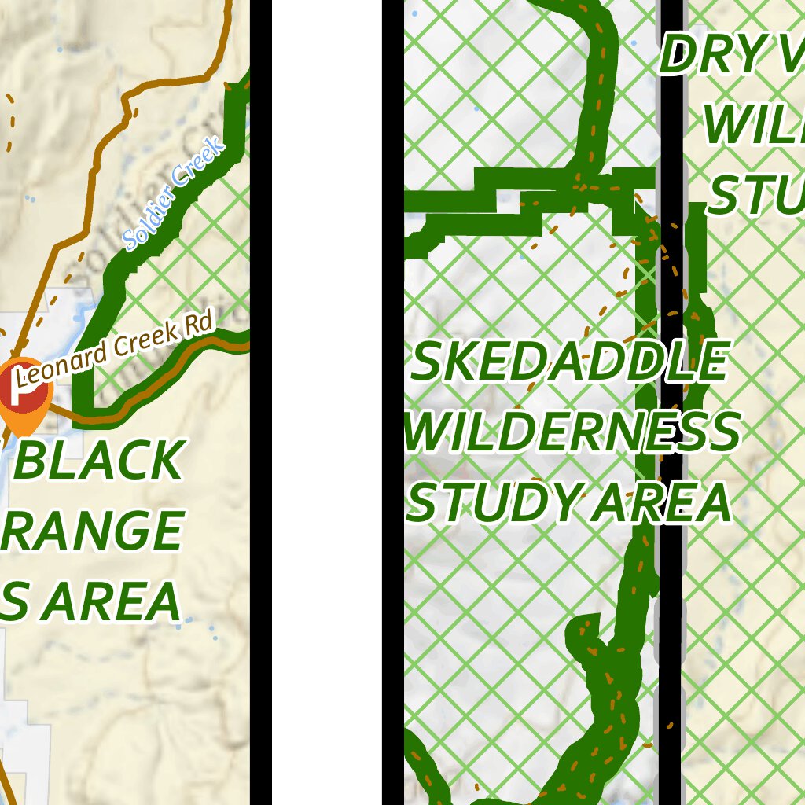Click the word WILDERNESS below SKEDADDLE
[573, 432]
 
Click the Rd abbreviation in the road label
[200, 325]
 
